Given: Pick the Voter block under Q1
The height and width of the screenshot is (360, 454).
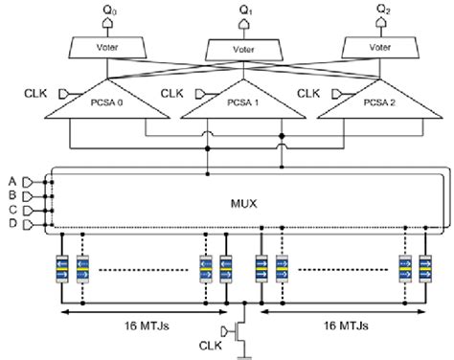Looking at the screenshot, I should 244,47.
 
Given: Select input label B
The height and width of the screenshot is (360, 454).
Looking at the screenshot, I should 11,195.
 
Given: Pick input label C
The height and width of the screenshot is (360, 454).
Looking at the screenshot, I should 11,210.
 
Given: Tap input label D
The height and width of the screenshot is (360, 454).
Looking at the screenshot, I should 11,225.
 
